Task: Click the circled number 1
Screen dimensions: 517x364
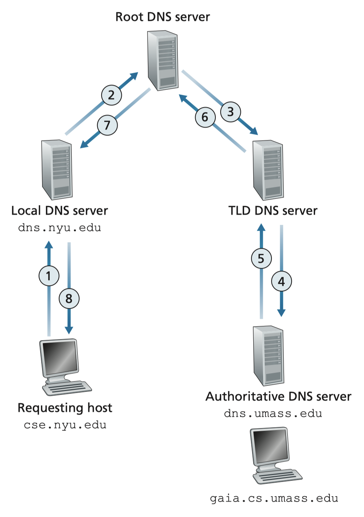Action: pos(49,276)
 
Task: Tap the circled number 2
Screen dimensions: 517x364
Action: pos(111,95)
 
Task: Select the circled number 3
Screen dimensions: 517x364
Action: pos(231,112)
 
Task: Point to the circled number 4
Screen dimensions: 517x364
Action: pos(281,282)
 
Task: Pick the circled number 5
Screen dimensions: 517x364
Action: pos(261,259)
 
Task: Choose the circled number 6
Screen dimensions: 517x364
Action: pos(205,117)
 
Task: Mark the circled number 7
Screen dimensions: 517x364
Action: pos(107,125)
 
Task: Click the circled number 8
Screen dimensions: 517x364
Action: pos(69,299)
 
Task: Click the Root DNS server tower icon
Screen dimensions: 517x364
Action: pos(163,61)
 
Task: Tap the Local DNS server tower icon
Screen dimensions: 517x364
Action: pos(57,170)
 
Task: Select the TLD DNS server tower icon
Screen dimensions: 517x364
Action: pos(268,170)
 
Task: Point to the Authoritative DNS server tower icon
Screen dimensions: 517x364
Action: pos(268,355)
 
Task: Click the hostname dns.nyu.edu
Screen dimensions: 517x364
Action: pos(60,228)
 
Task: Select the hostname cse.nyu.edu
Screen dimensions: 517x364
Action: pos(65,425)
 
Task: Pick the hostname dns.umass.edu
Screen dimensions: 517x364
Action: pos(273,413)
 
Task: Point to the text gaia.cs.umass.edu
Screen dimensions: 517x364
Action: pos(274,498)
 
